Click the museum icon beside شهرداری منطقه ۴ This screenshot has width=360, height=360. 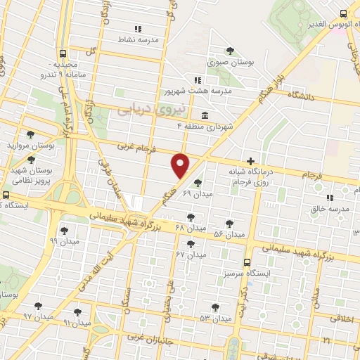click(x=204, y=115)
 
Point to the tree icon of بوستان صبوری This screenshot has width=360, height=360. click(x=231, y=50)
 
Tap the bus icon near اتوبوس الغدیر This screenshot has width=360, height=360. click(x=343, y=13)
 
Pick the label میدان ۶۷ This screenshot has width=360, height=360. click(x=191, y=254)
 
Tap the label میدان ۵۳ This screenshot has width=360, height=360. click(x=215, y=319)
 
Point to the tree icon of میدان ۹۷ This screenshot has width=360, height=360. click(x=38, y=307)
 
